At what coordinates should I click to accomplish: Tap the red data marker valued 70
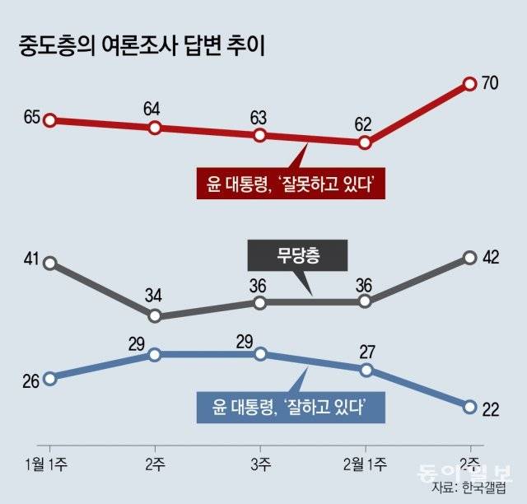point(469,84)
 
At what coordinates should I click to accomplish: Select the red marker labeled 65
point(49,120)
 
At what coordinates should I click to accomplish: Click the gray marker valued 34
point(155,315)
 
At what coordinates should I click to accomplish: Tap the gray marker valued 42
point(469,257)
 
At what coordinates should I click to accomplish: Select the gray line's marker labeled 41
point(49,263)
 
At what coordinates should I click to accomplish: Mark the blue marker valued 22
point(469,407)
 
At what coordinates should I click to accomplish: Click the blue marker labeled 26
point(49,379)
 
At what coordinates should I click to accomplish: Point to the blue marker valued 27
point(365,370)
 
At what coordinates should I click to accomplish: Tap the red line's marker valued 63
point(260,134)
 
